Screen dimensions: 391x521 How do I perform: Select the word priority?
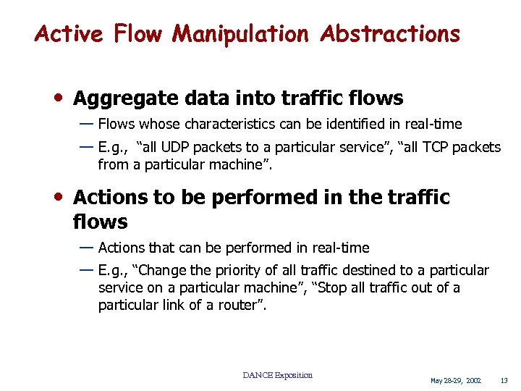pyautogui.click(x=247, y=271)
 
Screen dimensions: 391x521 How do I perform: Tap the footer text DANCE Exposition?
pyautogui.click(x=278, y=375)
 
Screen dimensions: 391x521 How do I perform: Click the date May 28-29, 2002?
pyautogui.click(x=455, y=380)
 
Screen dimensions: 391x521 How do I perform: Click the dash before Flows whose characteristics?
pyautogui.click(x=85, y=123)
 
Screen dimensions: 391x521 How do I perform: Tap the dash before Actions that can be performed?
pyautogui.click(x=85, y=247)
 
